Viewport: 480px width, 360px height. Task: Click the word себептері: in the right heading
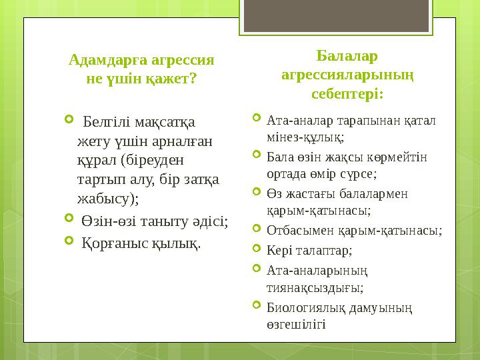click(347, 94)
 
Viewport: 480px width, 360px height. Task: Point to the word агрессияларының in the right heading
click(347, 75)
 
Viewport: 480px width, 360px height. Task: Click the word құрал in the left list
click(94, 160)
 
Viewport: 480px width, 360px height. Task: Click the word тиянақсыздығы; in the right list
click(315, 287)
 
